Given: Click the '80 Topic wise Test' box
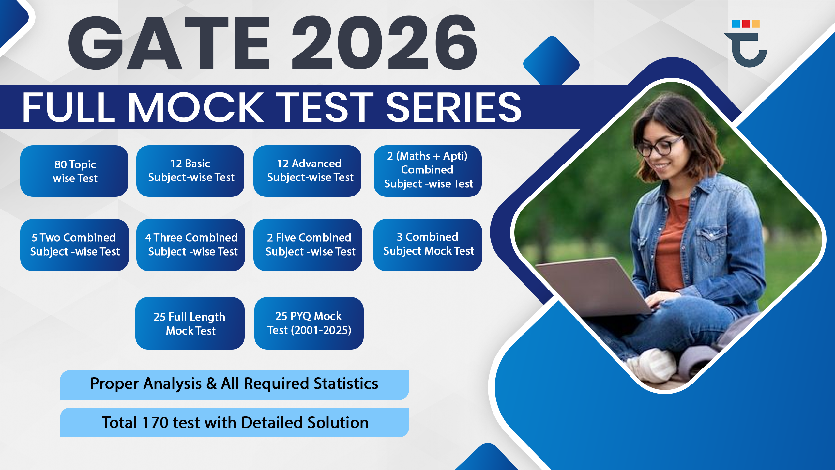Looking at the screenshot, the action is tap(74, 171).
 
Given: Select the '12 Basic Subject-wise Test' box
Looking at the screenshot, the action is tap(190, 171).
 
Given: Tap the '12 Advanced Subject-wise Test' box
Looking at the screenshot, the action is tap(307, 171).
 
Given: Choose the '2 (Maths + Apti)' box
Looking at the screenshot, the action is tap(428, 171).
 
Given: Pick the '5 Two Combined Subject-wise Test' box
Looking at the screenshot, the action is tap(74, 245).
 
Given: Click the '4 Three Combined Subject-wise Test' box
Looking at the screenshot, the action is tap(190, 245).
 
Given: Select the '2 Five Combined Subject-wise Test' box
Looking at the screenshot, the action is tap(308, 245).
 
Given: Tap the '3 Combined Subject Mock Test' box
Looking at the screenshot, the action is tap(428, 245).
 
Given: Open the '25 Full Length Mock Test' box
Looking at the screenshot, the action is tap(190, 323).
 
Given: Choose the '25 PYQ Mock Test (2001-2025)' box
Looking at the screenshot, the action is tap(309, 323).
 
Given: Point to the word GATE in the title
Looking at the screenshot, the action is tap(169, 42).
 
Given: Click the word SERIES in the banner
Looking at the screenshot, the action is tap(454, 107).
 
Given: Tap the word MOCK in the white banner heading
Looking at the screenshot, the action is tap(196, 107).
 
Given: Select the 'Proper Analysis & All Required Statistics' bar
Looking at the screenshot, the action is tap(235, 385).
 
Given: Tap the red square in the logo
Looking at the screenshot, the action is tap(746, 24).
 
